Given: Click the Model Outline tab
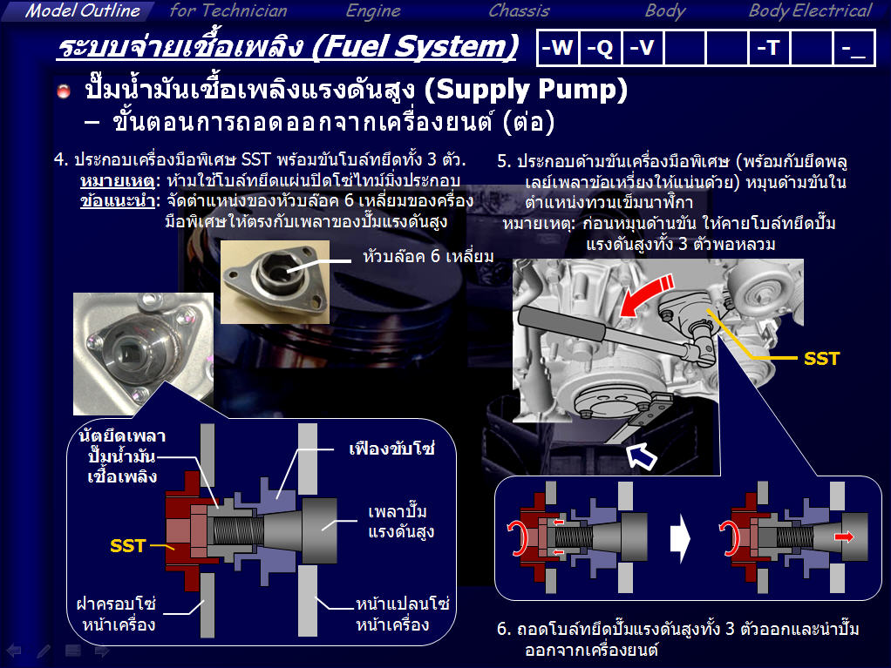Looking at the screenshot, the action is (x=83, y=10).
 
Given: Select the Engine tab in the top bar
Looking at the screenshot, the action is (x=373, y=10).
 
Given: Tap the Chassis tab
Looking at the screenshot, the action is (x=519, y=10).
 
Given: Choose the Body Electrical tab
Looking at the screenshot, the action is (x=809, y=10).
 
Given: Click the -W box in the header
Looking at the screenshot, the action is (x=558, y=48).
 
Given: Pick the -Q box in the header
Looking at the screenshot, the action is (x=601, y=48).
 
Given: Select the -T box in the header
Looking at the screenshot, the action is (x=769, y=48).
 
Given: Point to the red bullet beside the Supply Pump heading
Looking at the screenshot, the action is (x=64, y=91).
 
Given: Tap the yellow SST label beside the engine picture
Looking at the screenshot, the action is (x=821, y=359).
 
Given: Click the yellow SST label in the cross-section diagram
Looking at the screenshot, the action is (x=128, y=546).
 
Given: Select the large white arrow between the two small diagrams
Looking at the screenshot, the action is (x=680, y=538).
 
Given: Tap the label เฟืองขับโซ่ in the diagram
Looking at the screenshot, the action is (x=391, y=449).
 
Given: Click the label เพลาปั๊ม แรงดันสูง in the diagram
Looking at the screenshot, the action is (x=401, y=522).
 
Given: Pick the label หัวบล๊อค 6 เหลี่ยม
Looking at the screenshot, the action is (x=428, y=257).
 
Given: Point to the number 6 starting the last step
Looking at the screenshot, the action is (x=502, y=629).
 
